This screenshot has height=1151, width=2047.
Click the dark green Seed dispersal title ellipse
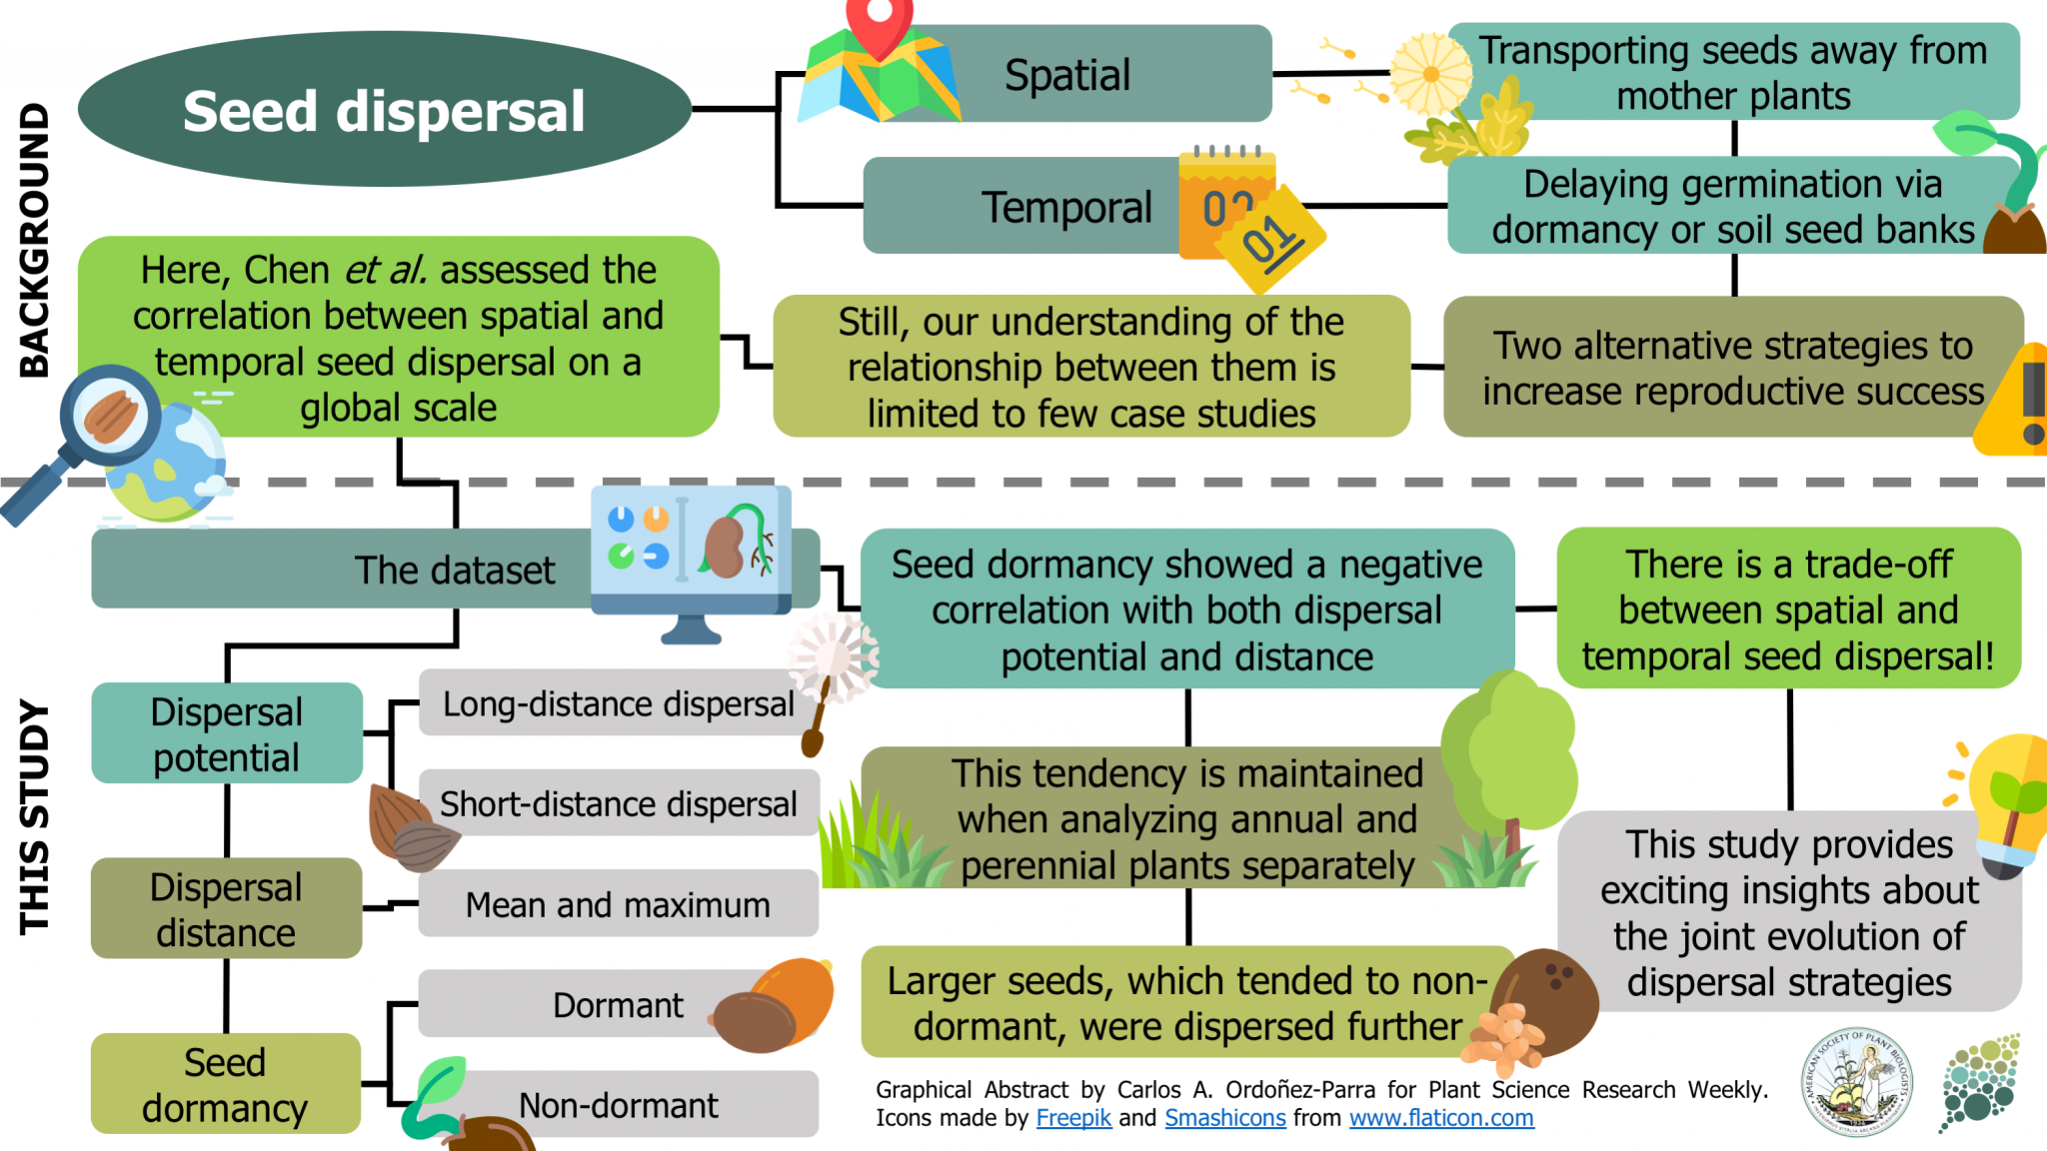[x=384, y=110]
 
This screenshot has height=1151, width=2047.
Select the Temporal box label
[x=1065, y=208]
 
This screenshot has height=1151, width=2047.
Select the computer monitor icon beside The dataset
[x=690, y=555]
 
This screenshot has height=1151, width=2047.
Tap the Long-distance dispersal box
[x=618, y=703]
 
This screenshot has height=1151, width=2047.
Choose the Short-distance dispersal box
[x=618, y=803]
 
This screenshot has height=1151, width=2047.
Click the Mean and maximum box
[x=618, y=904]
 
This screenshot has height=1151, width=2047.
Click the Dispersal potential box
[x=226, y=733]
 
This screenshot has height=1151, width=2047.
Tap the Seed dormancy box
[x=225, y=1084]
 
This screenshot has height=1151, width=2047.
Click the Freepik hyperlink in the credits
[x=1073, y=1118]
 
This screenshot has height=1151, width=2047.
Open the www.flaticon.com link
[x=1441, y=1118]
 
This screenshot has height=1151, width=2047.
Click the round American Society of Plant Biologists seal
[x=1856, y=1082]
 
